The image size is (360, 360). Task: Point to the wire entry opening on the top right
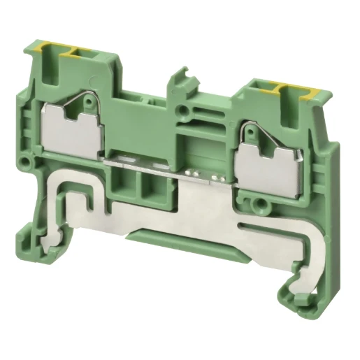coord(271,90)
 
